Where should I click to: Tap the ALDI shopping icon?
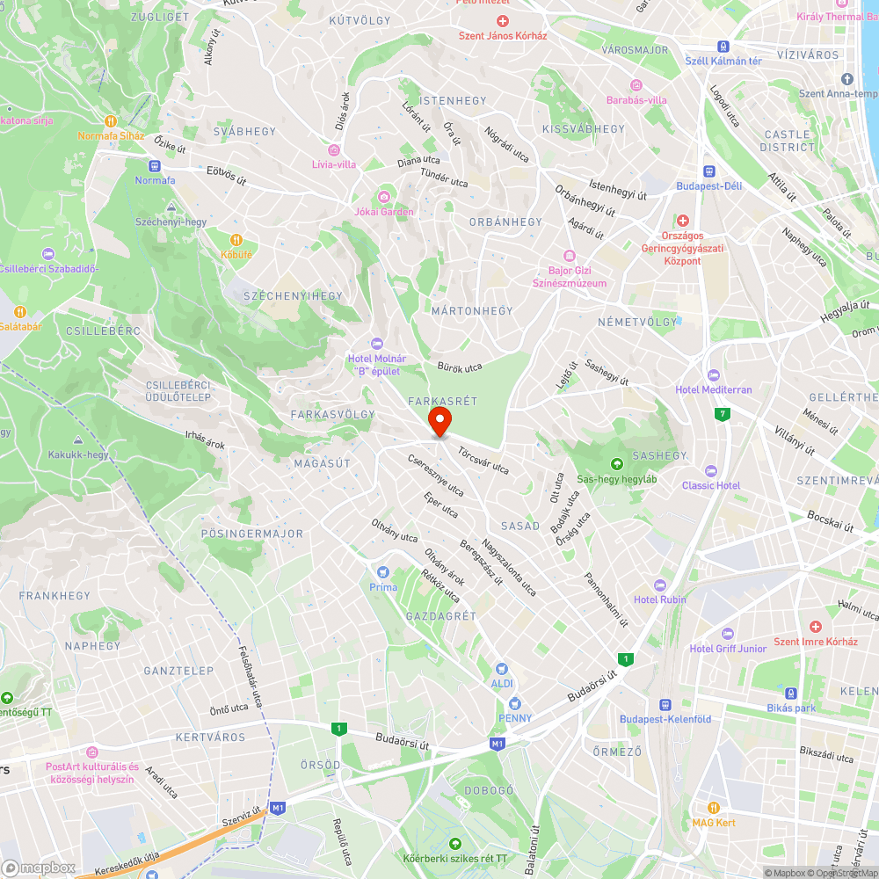[502, 669]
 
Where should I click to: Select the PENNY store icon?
[515, 702]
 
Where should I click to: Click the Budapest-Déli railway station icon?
[708, 171]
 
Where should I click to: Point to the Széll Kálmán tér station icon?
[723, 46]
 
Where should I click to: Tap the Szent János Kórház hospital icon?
[503, 20]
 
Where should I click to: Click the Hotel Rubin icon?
[660, 585]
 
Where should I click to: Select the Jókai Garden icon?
[383, 196]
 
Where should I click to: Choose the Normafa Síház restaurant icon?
[111, 120]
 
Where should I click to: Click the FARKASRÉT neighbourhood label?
[443, 401]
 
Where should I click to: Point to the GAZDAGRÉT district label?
[440, 616]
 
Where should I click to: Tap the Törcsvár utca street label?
[483, 458]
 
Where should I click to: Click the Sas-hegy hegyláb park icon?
[616, 463]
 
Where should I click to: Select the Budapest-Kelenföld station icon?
[665, 703]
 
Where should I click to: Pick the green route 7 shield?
[723, 413]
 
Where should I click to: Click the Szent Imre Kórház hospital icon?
[815, 626]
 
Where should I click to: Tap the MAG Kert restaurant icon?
[713, 807]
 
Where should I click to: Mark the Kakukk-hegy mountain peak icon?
[78, 439]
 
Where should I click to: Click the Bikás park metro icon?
[790, 693]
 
